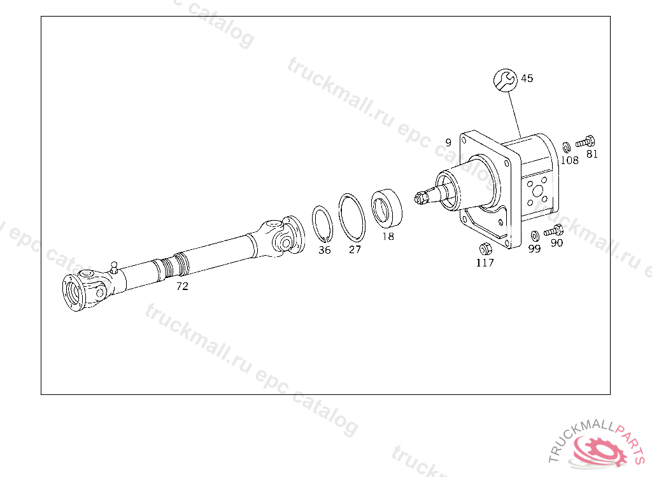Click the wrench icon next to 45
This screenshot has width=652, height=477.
point(505,79)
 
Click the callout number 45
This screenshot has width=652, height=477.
point(527,78)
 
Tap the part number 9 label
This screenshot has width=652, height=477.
point(448,142)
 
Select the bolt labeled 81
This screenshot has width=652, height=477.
point(585,142)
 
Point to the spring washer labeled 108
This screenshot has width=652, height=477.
point(566,147)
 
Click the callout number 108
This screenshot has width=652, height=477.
point(569,160)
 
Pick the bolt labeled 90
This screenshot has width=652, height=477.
point(553,230)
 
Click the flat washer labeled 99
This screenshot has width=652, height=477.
point(535,236)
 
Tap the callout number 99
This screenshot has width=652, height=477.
point(534,249)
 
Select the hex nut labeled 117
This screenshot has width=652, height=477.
point(485,249)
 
